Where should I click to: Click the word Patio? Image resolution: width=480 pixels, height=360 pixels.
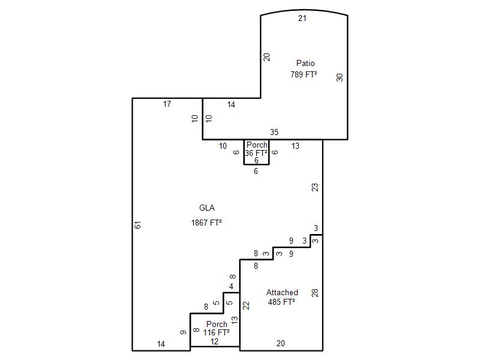tap(305, 63)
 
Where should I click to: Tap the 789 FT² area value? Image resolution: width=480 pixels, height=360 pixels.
tap(304, 74)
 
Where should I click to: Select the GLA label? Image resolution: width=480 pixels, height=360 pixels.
tap(207, 208)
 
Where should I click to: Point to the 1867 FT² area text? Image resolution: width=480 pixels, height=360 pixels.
tap(206, 223)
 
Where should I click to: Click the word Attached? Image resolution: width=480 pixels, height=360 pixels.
tap(282, 292)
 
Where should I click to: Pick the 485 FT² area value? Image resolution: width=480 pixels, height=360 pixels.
tap(281, 302)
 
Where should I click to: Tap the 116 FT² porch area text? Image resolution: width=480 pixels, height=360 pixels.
tap(217, 332)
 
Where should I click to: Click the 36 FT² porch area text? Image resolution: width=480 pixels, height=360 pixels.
tap(256, 153)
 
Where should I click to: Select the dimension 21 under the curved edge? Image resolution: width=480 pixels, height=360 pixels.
tap(302, 19)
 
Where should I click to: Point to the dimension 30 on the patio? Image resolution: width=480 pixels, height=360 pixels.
tap(340, 77)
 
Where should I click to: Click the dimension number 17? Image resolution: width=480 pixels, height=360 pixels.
tap(167, 104)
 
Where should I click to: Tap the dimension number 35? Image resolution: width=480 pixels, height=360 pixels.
tap(274, 132)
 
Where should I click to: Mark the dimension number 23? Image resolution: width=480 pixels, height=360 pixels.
tap(314, 187)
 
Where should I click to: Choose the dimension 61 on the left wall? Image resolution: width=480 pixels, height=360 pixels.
tap(138, 225)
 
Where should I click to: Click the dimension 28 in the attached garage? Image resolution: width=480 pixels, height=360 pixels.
tap(314, 293)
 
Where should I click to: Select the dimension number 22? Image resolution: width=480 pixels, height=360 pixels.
tap(246, 305)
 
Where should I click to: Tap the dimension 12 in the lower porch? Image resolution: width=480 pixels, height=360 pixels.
tap(214, 341)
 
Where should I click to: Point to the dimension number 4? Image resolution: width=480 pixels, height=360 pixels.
tap(231, 286)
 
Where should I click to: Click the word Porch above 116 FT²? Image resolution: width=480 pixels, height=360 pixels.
tap(217, 324)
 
